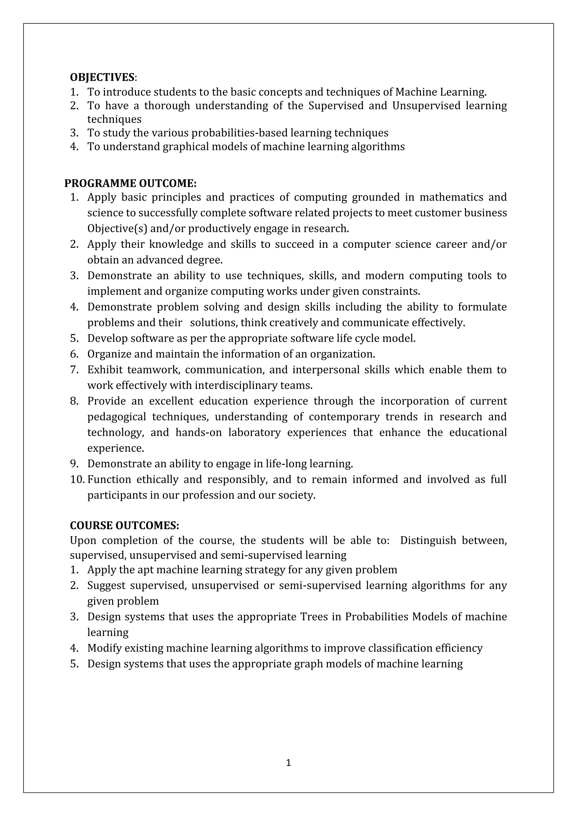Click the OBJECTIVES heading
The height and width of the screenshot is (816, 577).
(102, 77)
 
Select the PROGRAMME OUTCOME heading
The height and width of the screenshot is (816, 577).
(130, 183)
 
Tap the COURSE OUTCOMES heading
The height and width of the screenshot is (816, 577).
(124, 525)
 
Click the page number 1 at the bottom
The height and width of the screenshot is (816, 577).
(288, 763)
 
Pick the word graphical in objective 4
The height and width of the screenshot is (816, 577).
(185, 147)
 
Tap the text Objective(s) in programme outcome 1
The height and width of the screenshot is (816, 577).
(117, 228)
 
